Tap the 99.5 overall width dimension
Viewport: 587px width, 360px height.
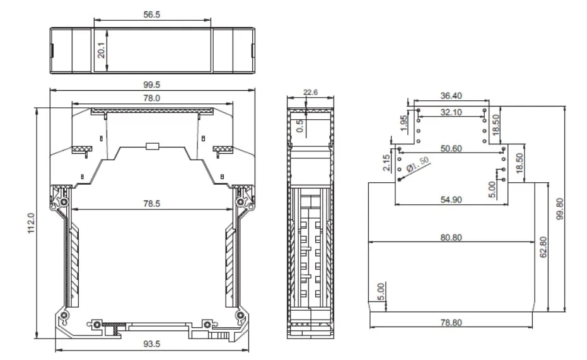pyautogui.click(x=152, y=84)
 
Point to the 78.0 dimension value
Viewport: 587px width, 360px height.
pyautogui.click(x=152, y=98)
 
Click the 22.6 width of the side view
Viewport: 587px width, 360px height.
pyautogui.click(x=310, y=92)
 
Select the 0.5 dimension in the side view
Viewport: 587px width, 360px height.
pyautogui.click(x=300, y=125)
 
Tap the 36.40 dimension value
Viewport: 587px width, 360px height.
pyautogui.click(x=451, y=96)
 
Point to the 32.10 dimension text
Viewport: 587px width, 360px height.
pyautogui.click(x=451, y=112)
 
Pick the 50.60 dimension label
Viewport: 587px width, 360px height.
pyautogui.click(x=451, y=148)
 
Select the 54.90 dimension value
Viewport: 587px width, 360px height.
pyautogui.click(x=451, y=199)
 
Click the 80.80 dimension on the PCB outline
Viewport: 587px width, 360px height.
pyautogui.click(x=451, y=237)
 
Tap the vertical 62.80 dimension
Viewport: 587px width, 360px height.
pyautogui.click(x=544, y=247)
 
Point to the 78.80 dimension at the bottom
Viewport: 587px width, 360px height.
pyautogui.click(x=451, y=322)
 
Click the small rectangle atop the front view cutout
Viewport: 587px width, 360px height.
pyautogui.click(x=152, y=146)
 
